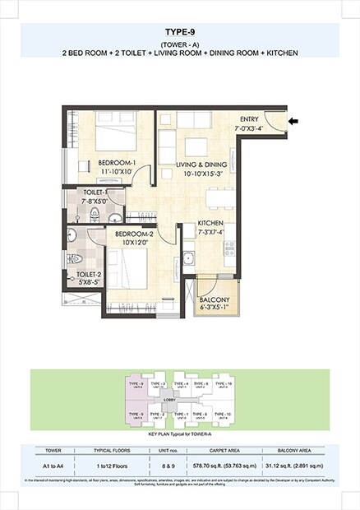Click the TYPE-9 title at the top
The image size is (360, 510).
click(179, 34)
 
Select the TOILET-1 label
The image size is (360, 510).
click(95, 196)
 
